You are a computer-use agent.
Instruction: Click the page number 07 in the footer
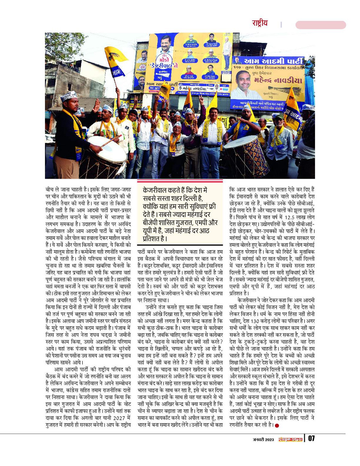311,439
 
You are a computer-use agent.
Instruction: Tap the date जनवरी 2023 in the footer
263,439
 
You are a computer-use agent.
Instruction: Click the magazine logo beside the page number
290,439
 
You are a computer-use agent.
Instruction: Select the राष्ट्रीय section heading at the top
259,23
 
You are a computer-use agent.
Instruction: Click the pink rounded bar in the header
320,25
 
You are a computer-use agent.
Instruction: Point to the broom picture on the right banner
293,99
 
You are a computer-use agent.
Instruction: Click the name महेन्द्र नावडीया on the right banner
274,80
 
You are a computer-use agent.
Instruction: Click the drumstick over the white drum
111,141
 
